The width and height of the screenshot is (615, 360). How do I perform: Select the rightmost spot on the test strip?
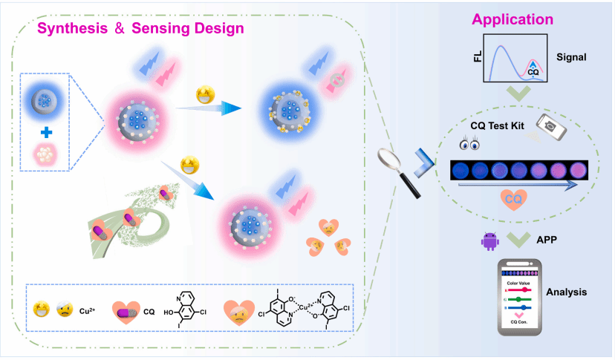[x=578, y=171]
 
